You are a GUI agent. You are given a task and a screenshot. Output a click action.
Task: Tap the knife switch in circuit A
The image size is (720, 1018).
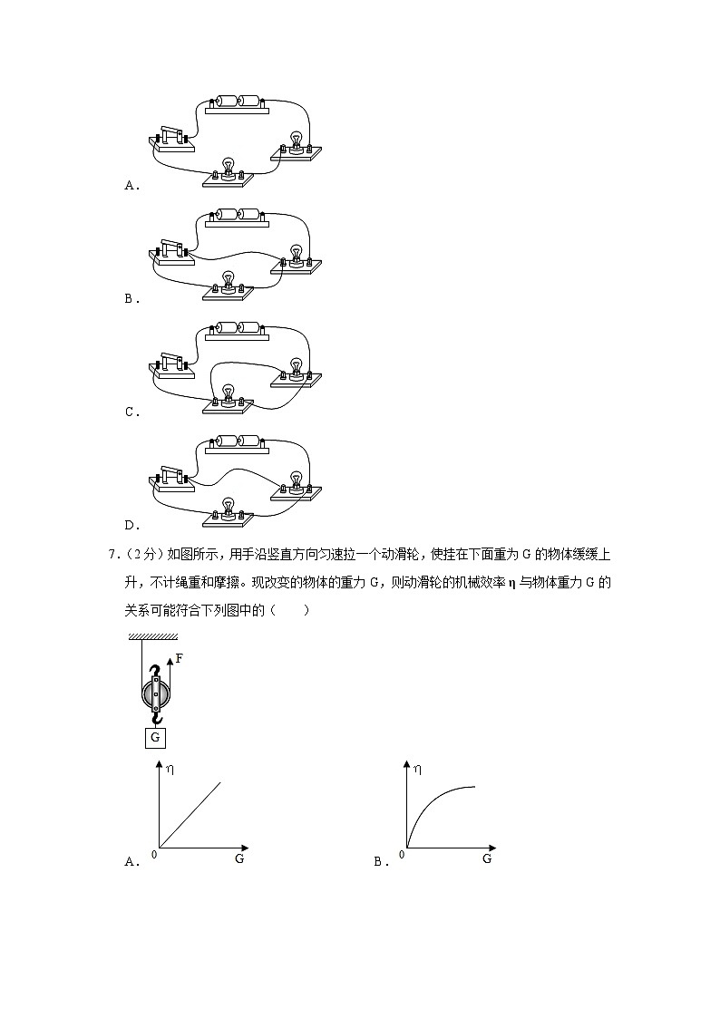[x=173, y=139]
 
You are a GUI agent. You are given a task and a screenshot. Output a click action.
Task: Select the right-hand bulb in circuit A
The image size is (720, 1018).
[x=296, y=143]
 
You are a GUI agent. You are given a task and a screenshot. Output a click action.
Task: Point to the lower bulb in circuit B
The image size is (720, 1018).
[x=229, y=282]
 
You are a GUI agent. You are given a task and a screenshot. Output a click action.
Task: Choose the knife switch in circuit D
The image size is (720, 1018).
[x=173, y=478]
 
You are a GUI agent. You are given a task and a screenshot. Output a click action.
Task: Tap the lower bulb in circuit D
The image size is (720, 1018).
[x=229, y=508]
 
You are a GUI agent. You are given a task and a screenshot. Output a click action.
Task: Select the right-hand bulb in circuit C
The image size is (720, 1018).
[x=296, y=370]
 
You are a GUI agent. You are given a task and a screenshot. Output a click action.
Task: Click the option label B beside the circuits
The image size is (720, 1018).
[x=130, y=298]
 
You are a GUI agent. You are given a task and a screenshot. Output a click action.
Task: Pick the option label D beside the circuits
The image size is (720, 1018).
[x=130, y=525]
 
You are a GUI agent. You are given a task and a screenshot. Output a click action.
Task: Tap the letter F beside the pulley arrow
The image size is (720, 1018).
[x=179, y=659]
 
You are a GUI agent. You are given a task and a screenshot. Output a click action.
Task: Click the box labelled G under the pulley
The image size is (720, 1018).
[x=155, y=737]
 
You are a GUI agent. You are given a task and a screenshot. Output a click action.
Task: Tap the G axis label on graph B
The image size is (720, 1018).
[x=487, y=858]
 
